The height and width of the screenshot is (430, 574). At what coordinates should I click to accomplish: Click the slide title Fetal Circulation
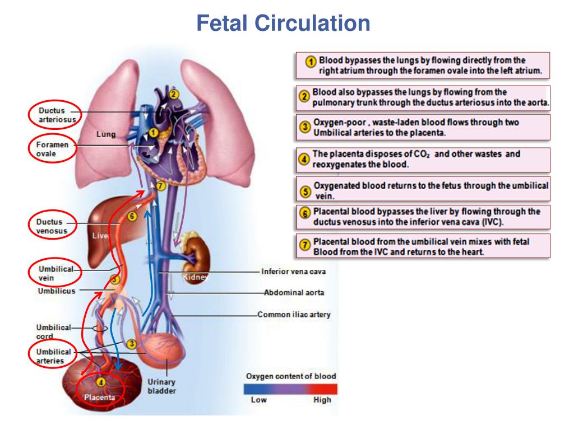[x=285, y=23]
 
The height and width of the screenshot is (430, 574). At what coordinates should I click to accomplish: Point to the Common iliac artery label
[x=294, y=315]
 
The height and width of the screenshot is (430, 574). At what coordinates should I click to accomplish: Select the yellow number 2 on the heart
[x=174, y=94]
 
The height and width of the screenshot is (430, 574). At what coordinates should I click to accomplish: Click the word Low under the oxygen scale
[x=258, y=400]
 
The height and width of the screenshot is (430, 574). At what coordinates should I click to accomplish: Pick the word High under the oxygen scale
[x=322, y=400]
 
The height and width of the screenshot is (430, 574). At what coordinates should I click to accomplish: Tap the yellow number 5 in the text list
[x=305, y=190]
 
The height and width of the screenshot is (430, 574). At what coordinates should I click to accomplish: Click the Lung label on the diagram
[x=106, y=134]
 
